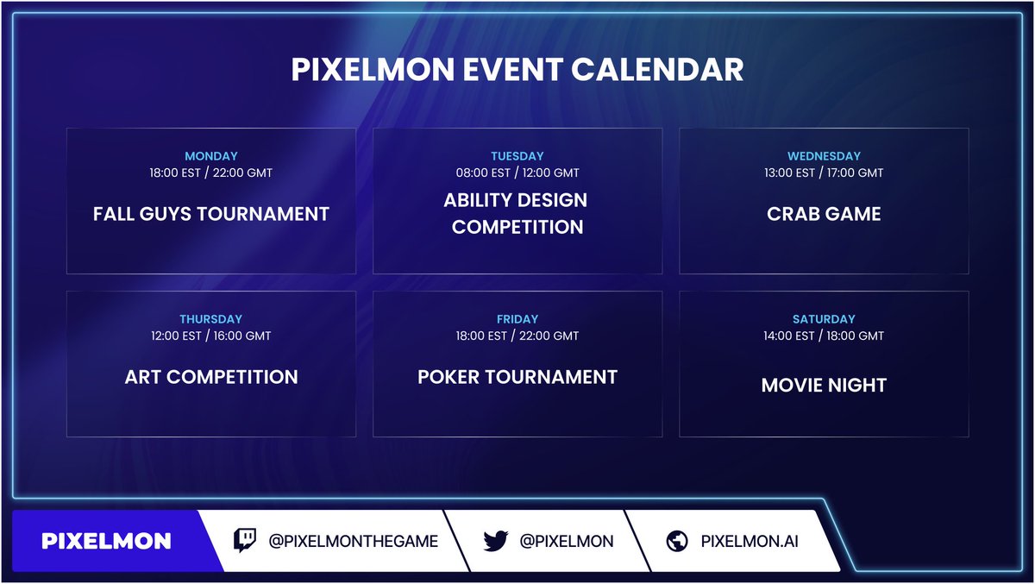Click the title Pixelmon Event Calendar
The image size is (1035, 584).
(517, 70)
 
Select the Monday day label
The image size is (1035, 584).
(211, 156)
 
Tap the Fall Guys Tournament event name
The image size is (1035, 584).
(211, 213)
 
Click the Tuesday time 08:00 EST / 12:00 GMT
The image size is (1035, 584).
(517, 173)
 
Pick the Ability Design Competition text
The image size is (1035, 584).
(517, 213)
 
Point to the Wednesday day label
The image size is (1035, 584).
(824, 156)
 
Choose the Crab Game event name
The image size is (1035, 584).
(824, 213)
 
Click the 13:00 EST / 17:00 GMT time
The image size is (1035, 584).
(824, 173)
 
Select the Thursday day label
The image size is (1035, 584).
(211, 319)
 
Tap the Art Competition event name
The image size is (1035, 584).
(211, 377)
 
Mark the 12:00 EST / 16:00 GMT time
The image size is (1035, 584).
(211, 336)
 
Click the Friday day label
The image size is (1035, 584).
(517, 319)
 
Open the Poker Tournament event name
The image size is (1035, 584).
(517, 377)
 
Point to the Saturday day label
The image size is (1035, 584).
(824, 319)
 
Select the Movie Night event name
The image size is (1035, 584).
(824, 386)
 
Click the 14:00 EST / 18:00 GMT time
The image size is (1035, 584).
(824, 336)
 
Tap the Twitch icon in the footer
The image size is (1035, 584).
(246, 541)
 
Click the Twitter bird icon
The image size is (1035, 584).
(495, 541)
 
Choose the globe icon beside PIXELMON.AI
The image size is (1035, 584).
(677, 541)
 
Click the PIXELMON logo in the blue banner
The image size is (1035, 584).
(106, 541)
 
